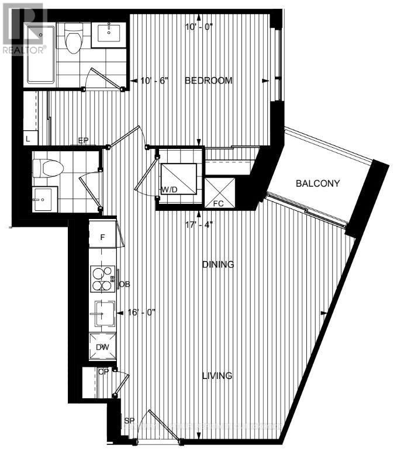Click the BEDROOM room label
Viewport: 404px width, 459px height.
click(209, 81)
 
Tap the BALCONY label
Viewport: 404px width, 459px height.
click(318, 183)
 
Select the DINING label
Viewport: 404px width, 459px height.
click(218, 265)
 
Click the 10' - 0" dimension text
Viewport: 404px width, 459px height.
click(199, 27)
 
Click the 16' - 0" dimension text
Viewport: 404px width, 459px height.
click(142, 313)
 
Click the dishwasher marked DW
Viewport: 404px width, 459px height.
click(102, 347)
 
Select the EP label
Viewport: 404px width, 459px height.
click(84, 141)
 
